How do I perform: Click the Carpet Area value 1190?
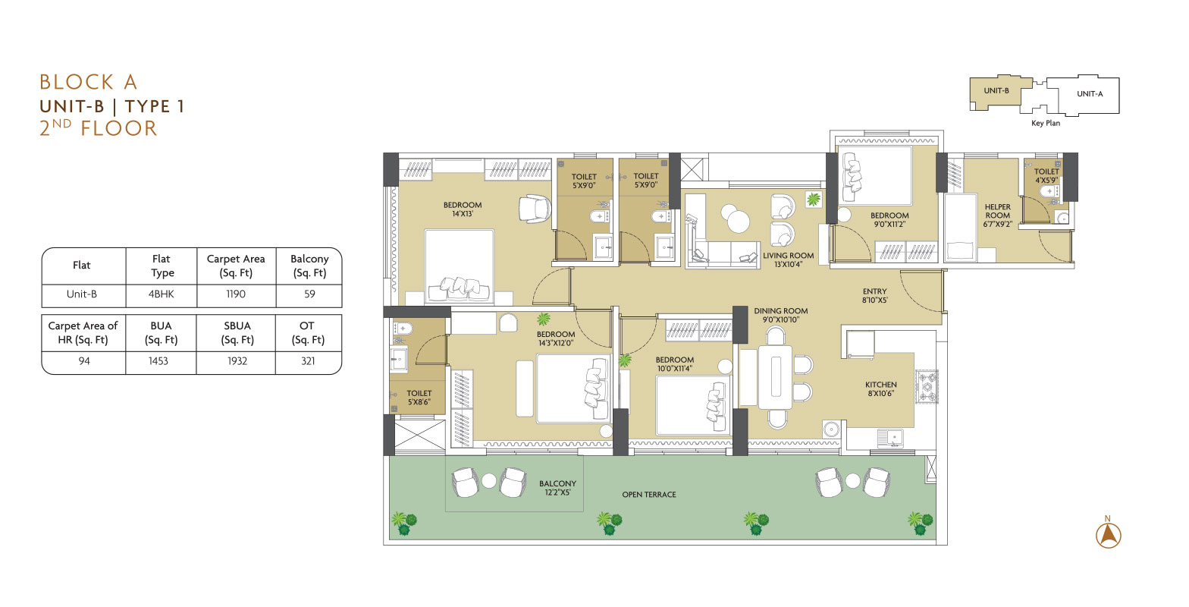(x=236, y=294)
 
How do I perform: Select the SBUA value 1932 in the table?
(x=237, y=361)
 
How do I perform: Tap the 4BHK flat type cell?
(x=162, y=294)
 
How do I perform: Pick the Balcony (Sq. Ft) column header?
(x=309, y=266)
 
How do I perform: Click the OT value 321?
(x=308, y=361)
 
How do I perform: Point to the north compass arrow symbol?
(x=1109, y=535)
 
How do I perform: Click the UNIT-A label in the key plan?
(x=1090, y=94)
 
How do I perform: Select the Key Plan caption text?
(x=1046, y=123)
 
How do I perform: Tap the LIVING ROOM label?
(x=789, y=256)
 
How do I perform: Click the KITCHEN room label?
(x=881, y=385)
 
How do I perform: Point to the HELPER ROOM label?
(x=998, y=212)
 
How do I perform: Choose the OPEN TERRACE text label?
(x=649, y=495)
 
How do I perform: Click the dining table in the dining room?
(x=776, y=377)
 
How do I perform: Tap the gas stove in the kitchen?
(x=927, y=387)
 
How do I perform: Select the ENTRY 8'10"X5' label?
(x=875, y=296)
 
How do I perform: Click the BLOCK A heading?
(x=89, y=82)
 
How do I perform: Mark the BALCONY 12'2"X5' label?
(x=557, y=488)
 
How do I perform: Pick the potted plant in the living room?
(x=813, y=200)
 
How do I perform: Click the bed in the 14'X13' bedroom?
(x=460, y=266)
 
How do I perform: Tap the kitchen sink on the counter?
(x=890, y=438)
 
